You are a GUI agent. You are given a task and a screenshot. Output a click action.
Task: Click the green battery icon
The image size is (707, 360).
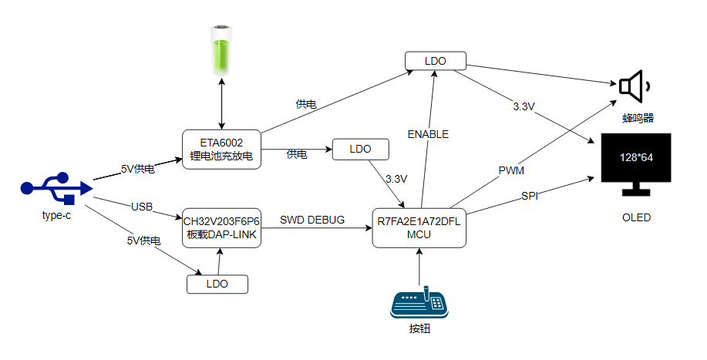[x=221, y=50]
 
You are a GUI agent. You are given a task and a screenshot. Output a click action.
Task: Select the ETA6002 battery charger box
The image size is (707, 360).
[x=221, y=150]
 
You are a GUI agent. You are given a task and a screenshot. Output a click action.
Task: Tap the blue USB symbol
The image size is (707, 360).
[x=57, y=188]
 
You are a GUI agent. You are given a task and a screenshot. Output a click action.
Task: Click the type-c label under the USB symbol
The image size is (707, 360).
[x=56, y=215]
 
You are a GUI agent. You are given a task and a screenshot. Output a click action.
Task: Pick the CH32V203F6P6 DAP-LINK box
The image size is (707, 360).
[x=221, y=228]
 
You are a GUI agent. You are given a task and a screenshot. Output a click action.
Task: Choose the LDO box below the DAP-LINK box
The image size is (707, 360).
[x=217, y=284]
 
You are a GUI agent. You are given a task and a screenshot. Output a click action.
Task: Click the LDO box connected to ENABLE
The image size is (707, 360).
[x=435, y=61]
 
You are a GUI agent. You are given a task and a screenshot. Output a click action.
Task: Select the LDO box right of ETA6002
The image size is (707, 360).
[x=360, y=149]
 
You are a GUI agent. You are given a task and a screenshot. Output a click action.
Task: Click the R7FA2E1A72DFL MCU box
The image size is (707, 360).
[x=419, y=228]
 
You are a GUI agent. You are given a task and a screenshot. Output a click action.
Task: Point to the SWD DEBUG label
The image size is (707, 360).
[x=312, y=220]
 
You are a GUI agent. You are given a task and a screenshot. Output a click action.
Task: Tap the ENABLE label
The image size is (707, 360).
[x=428, y=134]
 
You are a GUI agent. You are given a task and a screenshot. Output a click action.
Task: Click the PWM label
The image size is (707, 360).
[x=511, y=171]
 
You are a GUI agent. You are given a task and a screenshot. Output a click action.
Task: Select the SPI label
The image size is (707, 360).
[x=530, y=196]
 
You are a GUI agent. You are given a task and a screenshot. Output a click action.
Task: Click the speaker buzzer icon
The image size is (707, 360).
[x=633, y=86]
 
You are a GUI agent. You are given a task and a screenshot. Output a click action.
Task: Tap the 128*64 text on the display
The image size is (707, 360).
[x=636, y=158]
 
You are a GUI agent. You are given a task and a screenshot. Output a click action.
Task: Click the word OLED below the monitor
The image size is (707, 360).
[x=636, y=217]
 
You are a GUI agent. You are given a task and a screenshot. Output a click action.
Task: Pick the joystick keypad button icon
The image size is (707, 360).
[x=419, y=302]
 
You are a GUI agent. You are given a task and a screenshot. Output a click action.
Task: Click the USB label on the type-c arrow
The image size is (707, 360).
[x=142, y=207]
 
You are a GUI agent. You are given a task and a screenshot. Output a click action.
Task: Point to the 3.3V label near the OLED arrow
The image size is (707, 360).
[x=524, y=107]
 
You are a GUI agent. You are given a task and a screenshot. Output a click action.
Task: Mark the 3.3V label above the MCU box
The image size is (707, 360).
[x=396, y=179]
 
